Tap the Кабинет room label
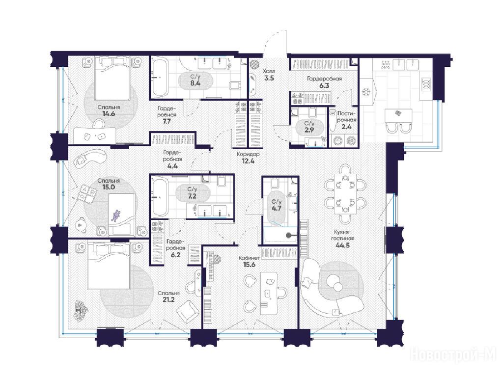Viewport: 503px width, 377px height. click(249, 258)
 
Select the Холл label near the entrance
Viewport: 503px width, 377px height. click(269, 71)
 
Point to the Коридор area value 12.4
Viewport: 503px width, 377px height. click(248, 161)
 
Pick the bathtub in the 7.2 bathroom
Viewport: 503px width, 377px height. click(160, 197)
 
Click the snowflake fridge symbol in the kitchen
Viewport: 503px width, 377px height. click(365, 92)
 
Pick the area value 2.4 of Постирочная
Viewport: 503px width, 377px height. click(346, 127)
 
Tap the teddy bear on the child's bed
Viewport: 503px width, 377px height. click(115, 216)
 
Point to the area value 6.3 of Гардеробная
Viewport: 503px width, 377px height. click(324, 85)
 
